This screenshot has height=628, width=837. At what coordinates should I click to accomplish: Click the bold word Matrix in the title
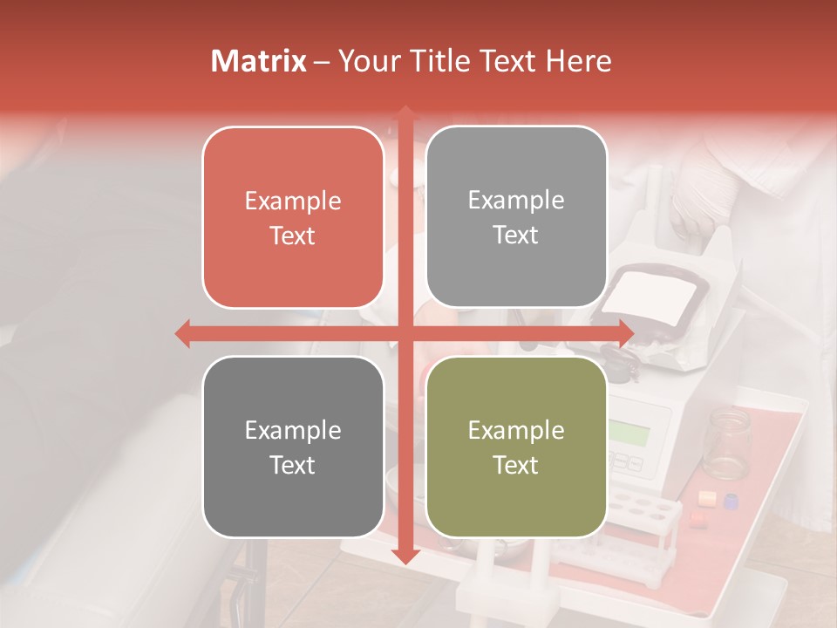(258, 61)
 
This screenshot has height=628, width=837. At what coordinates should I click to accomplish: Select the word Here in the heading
(578, 61)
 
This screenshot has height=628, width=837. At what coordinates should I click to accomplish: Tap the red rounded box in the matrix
(293, 218)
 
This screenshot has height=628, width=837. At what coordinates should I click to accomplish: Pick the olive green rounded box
(516, 447)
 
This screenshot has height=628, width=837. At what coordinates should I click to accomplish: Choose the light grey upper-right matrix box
(516, 217)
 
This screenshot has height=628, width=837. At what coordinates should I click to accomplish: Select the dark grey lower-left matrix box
(293, 447)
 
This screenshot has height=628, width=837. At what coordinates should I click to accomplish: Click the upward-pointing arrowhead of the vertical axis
(405, 114)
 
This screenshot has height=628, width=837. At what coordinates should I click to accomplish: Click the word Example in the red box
(293, 201)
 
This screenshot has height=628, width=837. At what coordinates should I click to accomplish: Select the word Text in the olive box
(516, 465)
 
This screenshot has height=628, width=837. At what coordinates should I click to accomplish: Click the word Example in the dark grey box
(293, 430)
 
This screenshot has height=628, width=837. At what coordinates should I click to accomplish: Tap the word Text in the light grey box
(516, 235)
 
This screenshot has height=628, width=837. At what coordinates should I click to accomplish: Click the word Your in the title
(366, 61)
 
